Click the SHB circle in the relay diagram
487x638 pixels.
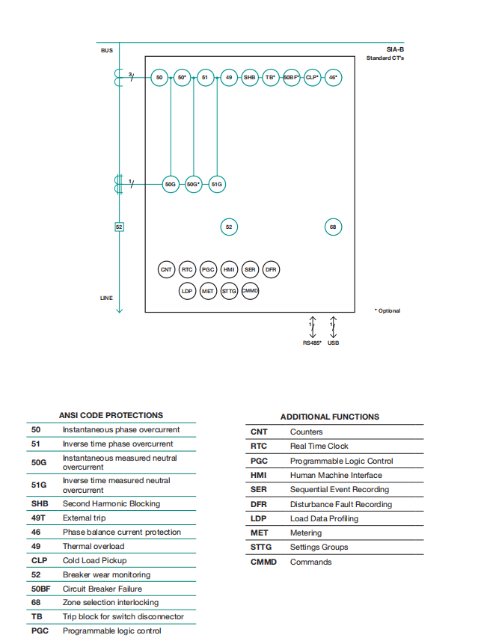coord(249,77)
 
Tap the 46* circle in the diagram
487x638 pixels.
coord(333,77)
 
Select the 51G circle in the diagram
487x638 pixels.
coord(217,183)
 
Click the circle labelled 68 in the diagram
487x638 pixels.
coord(333,227)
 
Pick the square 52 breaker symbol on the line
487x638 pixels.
coord(119,227)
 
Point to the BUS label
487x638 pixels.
coord(107,51)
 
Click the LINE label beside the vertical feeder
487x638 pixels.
coord(106,298)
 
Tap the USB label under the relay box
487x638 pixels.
coord(333,343)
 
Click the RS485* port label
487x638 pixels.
coord(312,343)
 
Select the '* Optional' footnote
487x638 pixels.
coord(388,310)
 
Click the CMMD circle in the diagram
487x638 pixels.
coord(250,290)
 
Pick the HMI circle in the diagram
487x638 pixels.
coord(229,269)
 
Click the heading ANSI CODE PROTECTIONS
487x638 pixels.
coord(111,415)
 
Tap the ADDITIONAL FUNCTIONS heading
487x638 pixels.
coord(330,417)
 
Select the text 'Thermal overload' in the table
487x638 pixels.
coord(94,546)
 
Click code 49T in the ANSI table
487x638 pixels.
coord(38,518)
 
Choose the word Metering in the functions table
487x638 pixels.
coord(306,533)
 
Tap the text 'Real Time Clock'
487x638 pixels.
coord(319,446)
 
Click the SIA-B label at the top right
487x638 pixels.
coord(395,49)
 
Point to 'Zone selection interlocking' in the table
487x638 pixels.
coord(111,602)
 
